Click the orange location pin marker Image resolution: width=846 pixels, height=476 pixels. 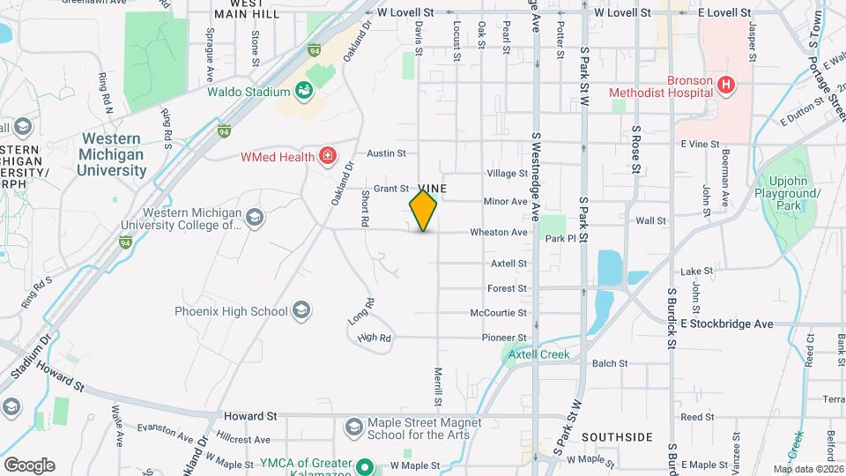(423, 211)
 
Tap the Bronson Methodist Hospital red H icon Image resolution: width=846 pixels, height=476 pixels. (725, 85)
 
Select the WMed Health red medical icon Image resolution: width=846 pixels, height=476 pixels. (328, 157)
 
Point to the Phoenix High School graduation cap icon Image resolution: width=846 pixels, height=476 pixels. (301, 310)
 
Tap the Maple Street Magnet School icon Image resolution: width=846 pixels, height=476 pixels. (353, 428)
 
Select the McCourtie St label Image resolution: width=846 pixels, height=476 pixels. (498, 313)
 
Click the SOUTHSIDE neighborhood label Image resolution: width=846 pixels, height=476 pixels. (617, 437)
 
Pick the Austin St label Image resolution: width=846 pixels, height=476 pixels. (386, 152)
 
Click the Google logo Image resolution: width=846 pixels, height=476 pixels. (29, 465)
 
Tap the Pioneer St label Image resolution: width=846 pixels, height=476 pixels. (504, 338)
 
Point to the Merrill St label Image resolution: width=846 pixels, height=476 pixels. (438, 385)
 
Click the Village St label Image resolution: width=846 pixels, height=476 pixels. (506, 174)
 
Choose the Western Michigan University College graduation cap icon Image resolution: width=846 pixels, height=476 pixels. (254, 217)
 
